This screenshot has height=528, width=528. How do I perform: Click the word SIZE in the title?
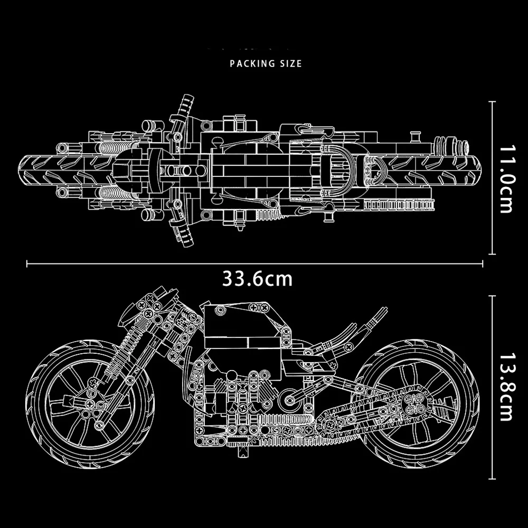290,64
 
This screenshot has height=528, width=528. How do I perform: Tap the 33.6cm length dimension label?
257,278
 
